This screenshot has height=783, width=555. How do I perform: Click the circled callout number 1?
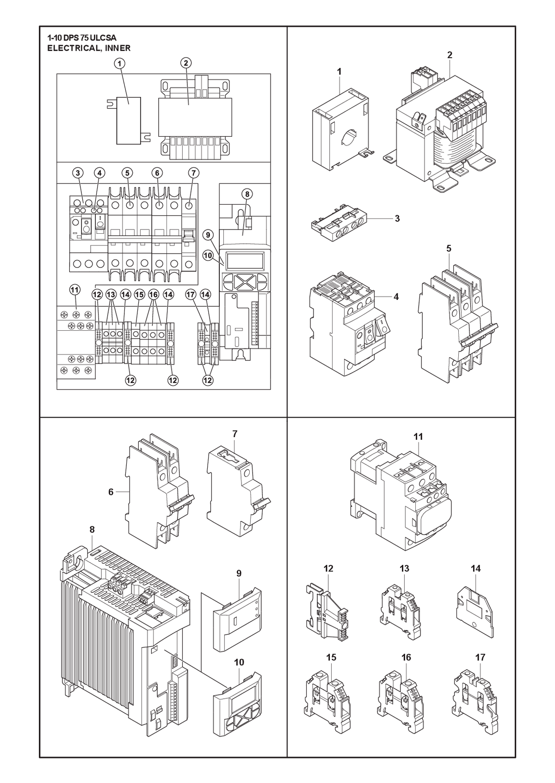click(x=120, y=64)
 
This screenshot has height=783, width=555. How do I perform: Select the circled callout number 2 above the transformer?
click(x=186, y=63)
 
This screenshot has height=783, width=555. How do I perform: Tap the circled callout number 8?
click(x=247, y=194)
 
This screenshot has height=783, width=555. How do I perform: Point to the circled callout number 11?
click(x=74, y=290)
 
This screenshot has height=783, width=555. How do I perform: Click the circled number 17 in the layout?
click(x=191, y=295)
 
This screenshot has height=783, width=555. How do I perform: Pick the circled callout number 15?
click(x=139, y=295)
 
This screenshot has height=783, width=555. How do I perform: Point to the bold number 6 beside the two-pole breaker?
click(x=111, y=492)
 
